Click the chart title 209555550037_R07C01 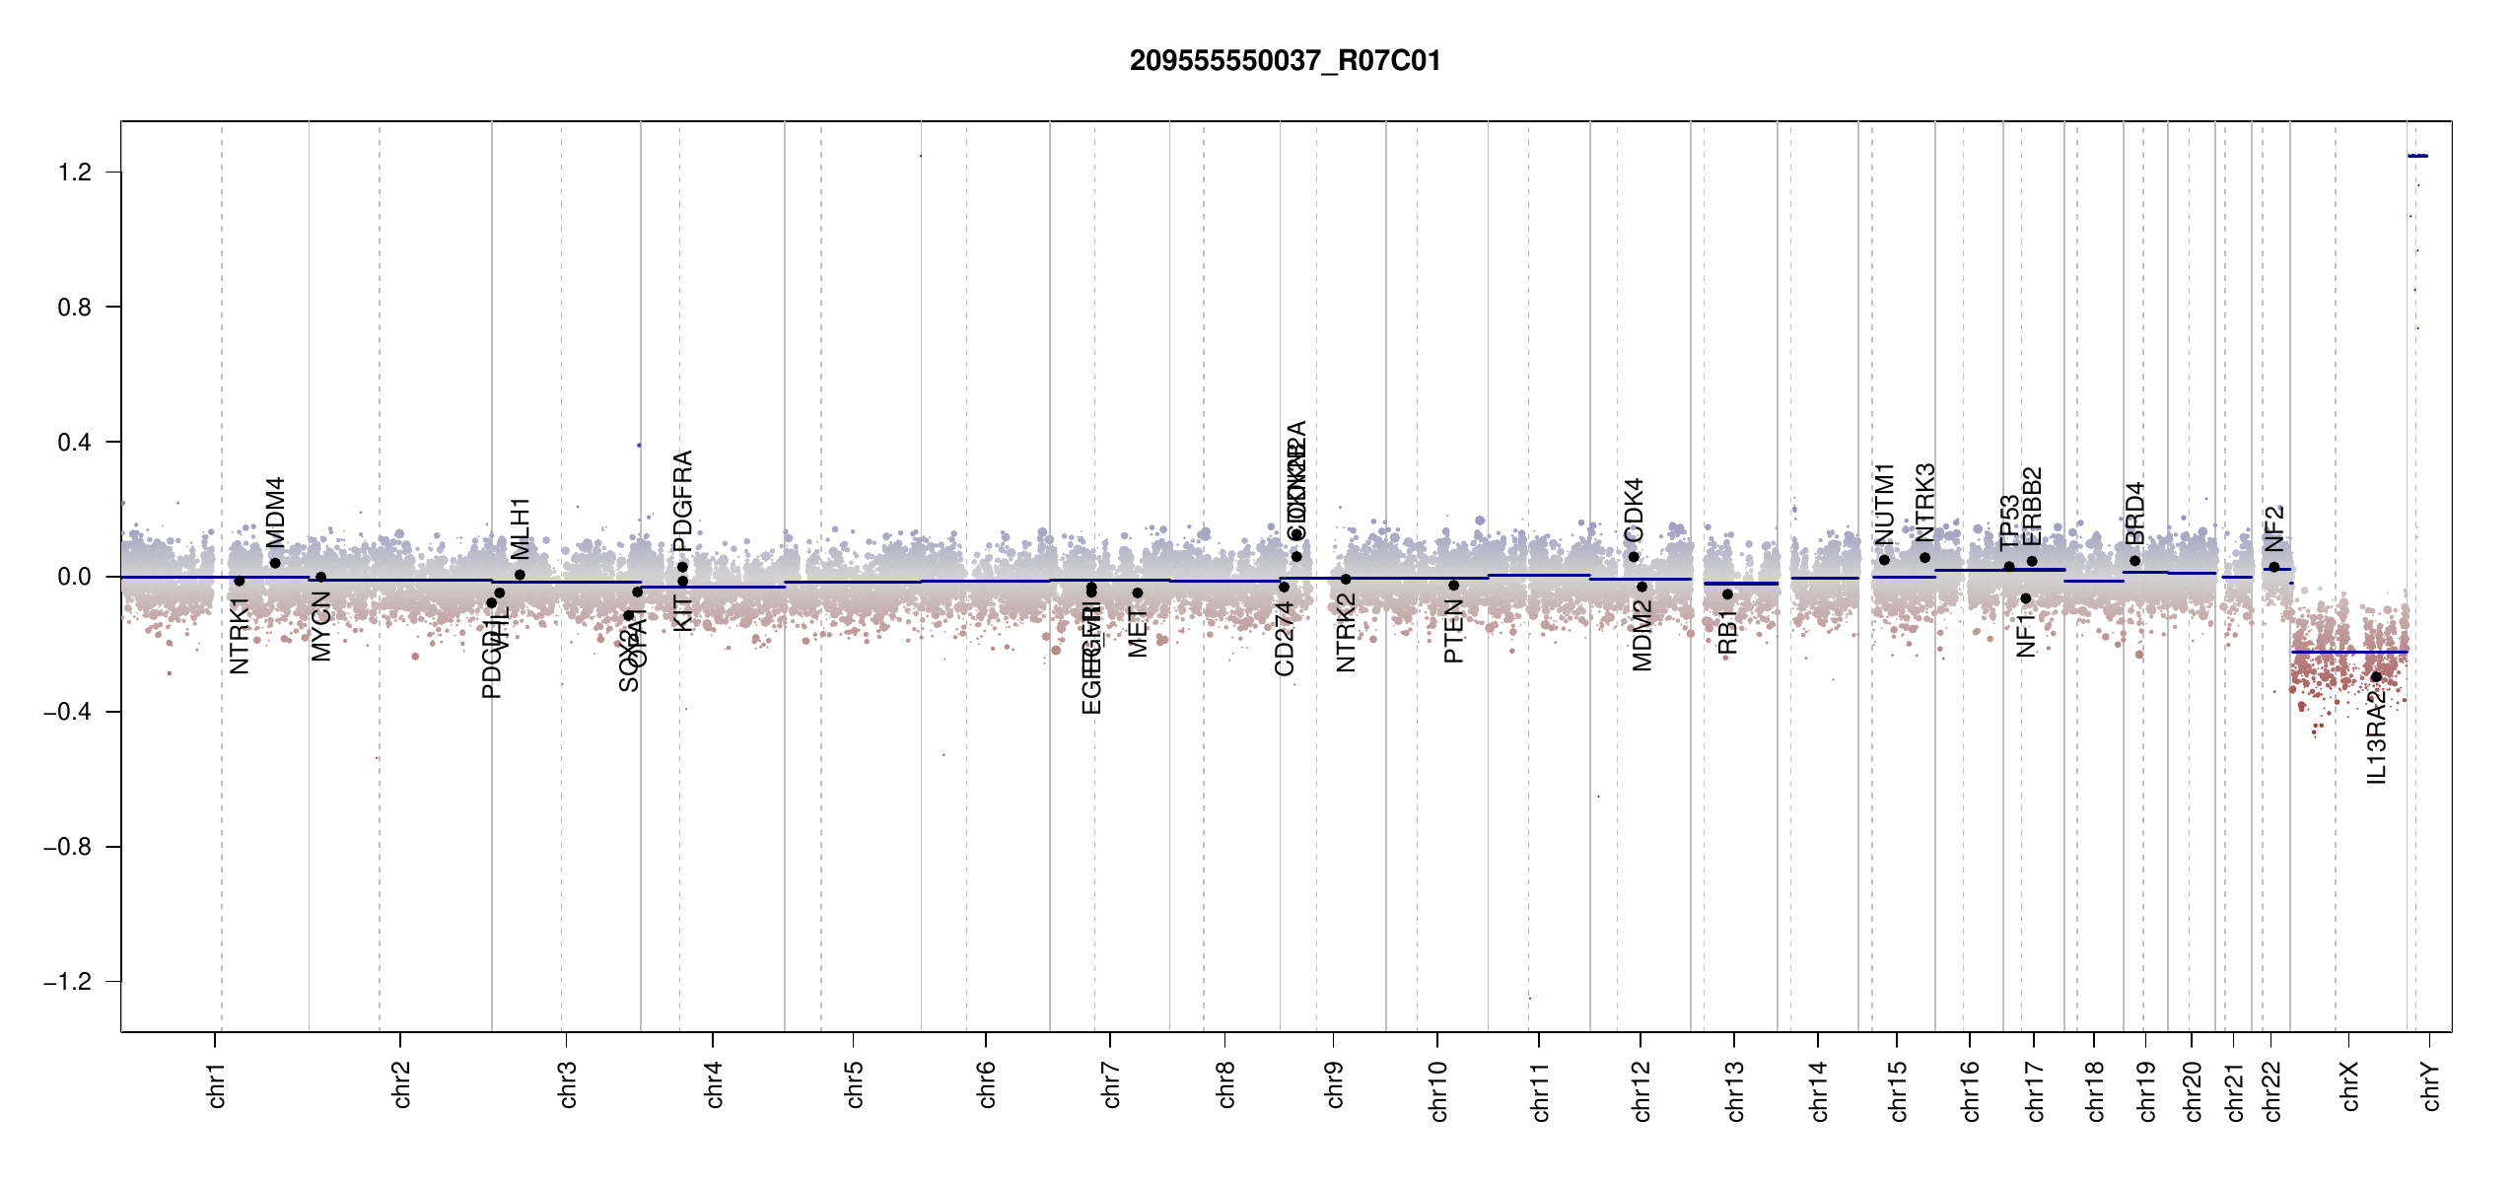[x=1285, y=61]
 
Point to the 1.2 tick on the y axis [x=74, y=173]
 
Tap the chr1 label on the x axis [x=217, y=1084]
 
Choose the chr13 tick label [x=1735, y=1090]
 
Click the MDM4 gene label [x=276, y=513]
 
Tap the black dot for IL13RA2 [x=2376, y=677]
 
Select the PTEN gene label [x=1453, y=632]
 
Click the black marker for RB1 [x=1727, y=594]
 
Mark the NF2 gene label [x=2273, y=529]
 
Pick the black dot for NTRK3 [x=1924, y=558]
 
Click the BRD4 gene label [x=2134, y=514]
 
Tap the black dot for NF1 [x=2026, y=598]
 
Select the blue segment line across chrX [x=2348, y=653]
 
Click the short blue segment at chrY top [x=2417, y=156]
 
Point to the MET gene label [x=1138, y=633]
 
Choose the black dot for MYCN [x=320, y=578]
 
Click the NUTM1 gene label [x=1885, y=504]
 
